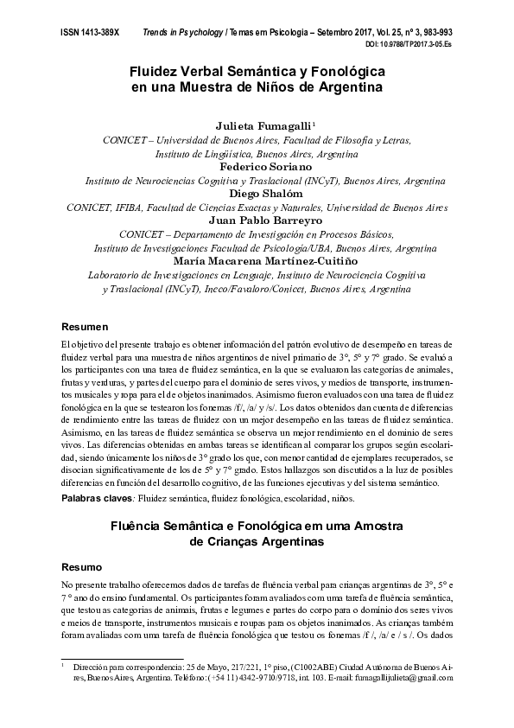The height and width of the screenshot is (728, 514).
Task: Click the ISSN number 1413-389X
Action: [89, 31]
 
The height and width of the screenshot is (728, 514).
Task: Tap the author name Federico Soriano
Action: [257, 166]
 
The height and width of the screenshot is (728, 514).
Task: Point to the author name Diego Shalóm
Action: [257, 194]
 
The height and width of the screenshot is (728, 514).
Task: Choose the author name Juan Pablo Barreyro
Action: [257, 220]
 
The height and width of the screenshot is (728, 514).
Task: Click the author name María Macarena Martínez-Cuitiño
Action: [257, 260]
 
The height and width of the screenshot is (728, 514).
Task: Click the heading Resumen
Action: [84, 328]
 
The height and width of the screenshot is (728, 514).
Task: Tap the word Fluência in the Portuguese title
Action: [145, 526]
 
